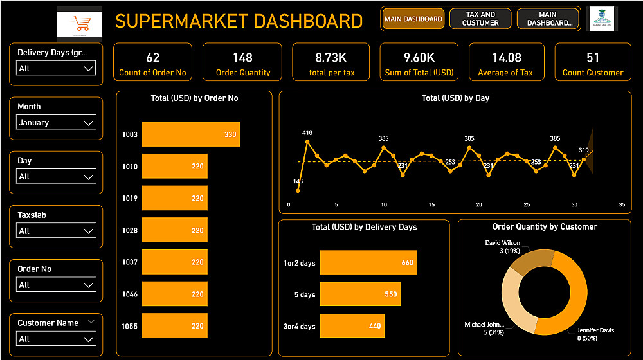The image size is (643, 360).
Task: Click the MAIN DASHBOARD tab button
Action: (x=413, y=19)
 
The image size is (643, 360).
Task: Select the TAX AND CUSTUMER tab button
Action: (x=480, y=19)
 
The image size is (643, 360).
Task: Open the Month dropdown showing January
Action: (x=57, y=122)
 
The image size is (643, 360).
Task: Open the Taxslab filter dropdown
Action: (x=57, y=231)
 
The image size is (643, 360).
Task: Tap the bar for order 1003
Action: (x=190, y=134)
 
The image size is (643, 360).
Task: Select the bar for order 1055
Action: (x=174, y=326)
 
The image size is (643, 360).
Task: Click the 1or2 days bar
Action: (x=368, y=262)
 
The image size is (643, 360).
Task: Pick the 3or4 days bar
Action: (x=352, y=326)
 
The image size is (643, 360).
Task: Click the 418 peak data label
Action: (x=307, y=132)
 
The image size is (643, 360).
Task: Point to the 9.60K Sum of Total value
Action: (x=419, y=58)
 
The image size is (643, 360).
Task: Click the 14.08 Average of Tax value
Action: (x=506, y=58)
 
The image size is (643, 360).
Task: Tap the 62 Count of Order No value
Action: (x=152, y=58)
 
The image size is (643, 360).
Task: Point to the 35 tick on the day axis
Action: (x=622, y=204)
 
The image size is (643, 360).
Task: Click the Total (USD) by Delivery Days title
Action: (x=364, y=227)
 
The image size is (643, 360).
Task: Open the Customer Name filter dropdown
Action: (x=57, y=339)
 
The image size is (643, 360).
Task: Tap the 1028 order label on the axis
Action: (x=130, y=230)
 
